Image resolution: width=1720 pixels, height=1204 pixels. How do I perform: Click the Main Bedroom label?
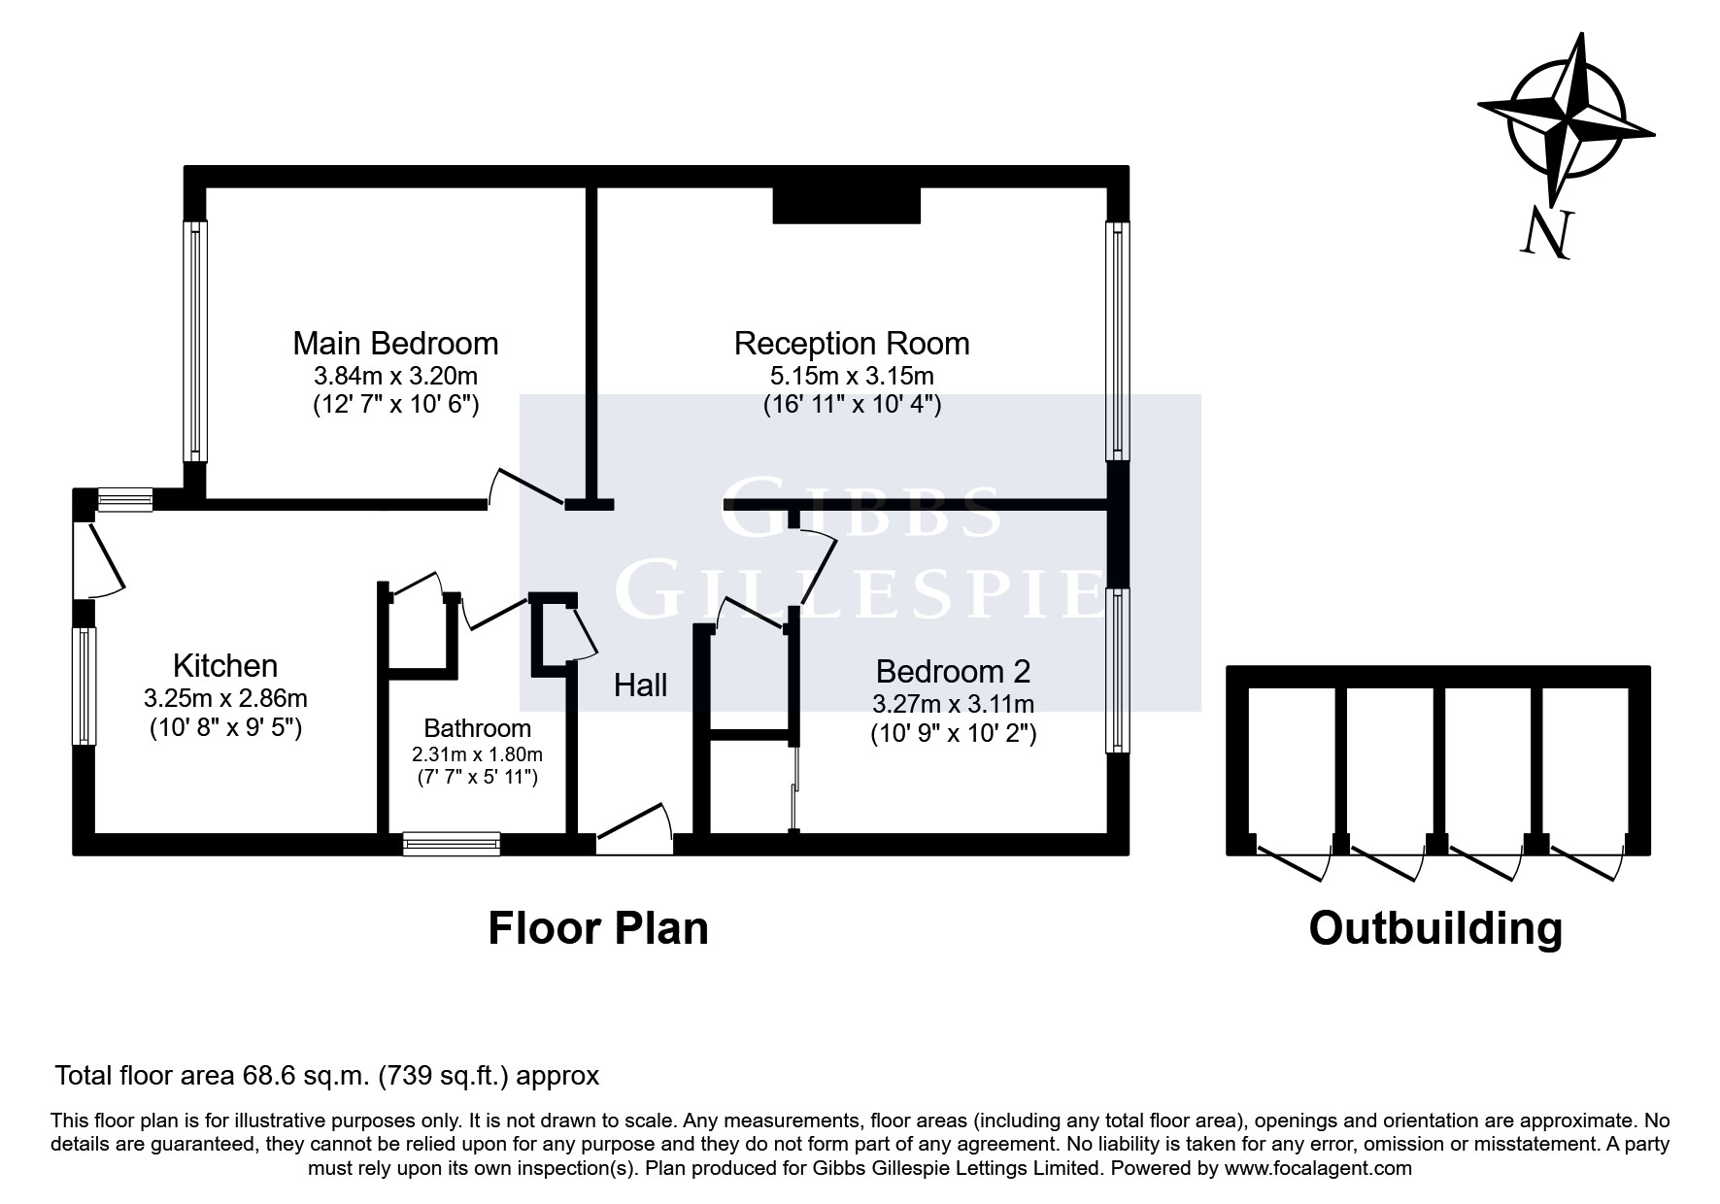coord(395,344)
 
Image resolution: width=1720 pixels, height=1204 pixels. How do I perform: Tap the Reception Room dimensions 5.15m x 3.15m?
coord(851,376)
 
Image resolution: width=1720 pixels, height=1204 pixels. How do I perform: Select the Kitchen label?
coord(225,666)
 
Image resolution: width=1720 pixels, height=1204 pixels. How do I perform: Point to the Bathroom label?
coord(477,728)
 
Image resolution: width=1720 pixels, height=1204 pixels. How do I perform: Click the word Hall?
coord(640,686)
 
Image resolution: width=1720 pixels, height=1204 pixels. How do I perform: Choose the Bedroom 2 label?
coord(953,671)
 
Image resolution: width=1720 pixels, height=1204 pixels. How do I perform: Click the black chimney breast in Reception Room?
coord(846,205)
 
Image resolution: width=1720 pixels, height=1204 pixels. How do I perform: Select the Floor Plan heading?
coord(597,928)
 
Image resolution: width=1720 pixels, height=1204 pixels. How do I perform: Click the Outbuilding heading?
coord(1435,928)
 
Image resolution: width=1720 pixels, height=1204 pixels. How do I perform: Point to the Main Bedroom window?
coord(196,341)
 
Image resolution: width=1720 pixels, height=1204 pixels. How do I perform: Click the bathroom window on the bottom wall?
coord(452,844)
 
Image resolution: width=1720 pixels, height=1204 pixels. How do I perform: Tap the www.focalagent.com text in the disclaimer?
coord(1318,1168)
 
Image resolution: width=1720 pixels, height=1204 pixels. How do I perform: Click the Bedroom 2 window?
coord(1118,671)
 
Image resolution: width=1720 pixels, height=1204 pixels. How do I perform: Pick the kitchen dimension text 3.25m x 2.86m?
coord(225,697)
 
